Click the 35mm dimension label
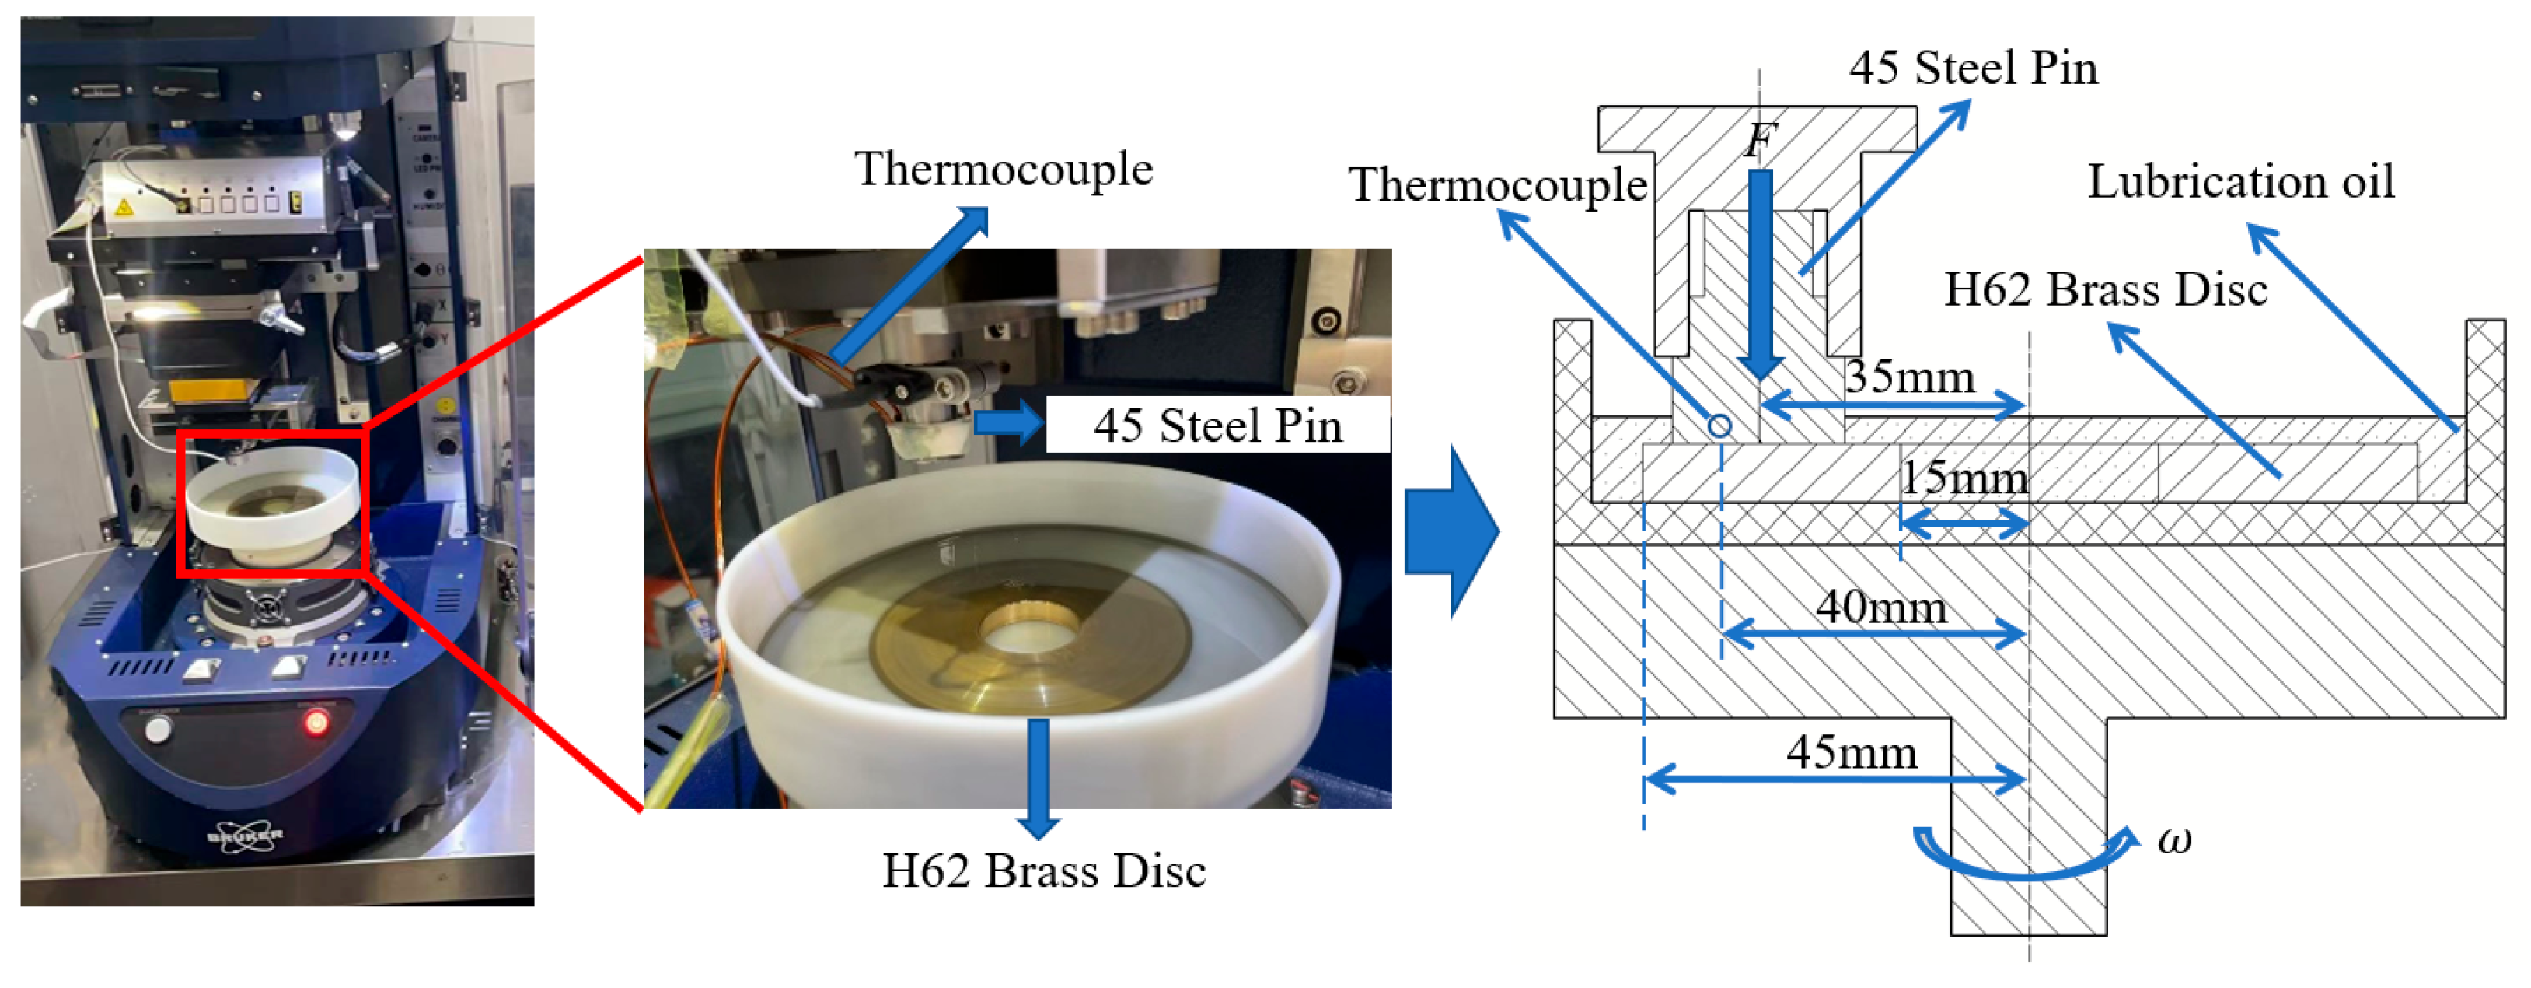coord(1909,377)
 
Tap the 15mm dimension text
coord(1963,478)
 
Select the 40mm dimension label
coord(1880,608)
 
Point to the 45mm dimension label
coord(1851,753)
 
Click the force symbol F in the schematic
coord(1760,141)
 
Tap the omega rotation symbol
coord(2174,840)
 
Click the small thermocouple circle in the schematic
coord(1719,426)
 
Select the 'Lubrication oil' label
coord(2240,182)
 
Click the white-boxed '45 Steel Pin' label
coord(1217,426)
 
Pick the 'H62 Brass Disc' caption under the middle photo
coord(1043,871)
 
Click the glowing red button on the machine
coord(316,724)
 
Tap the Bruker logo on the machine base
coord(245,836)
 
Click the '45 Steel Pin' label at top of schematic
coord(1973,68)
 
